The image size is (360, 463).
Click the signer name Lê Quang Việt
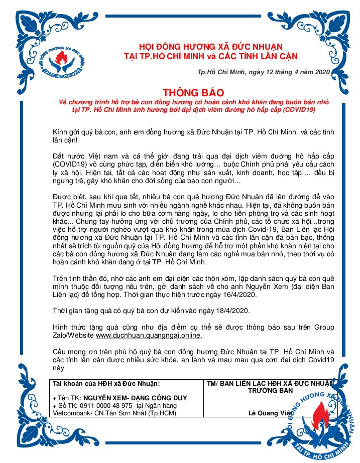click(272, 413)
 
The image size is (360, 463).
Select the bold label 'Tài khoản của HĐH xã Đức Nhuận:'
click(106, 383)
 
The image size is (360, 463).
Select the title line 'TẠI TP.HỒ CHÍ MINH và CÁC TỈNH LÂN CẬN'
click(204, 55)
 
